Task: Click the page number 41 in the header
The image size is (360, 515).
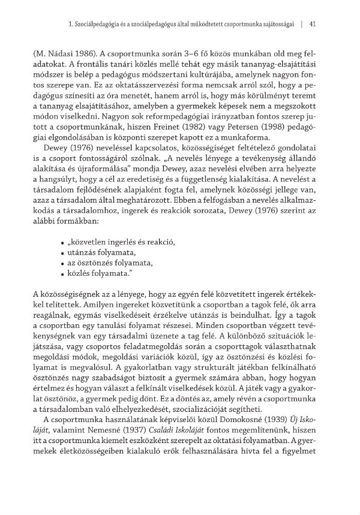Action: click(312, 25)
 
